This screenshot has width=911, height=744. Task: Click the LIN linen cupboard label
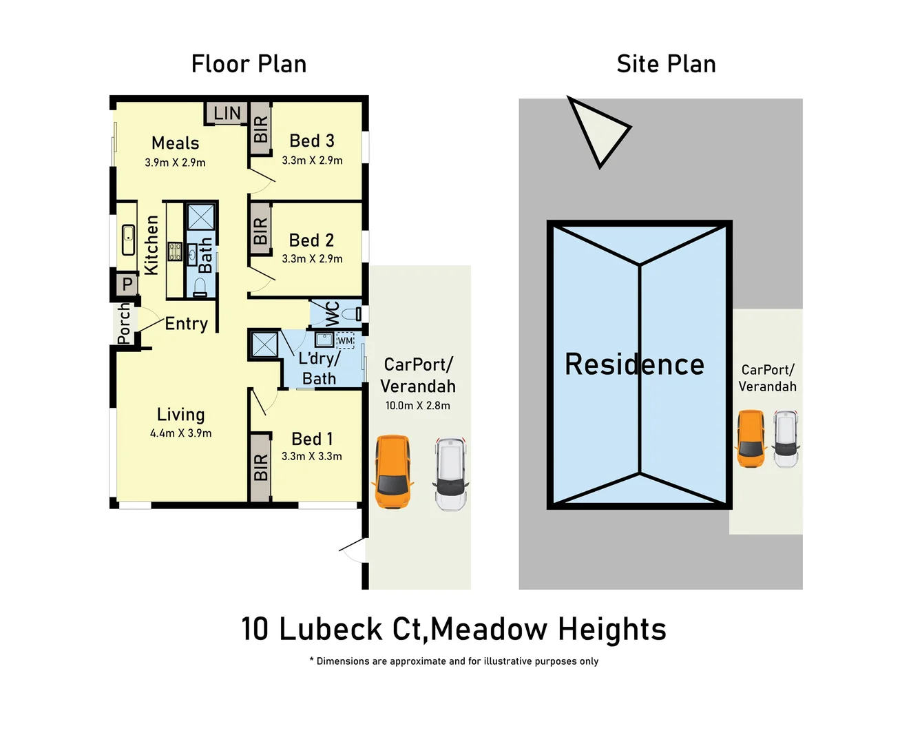click(x=227, y=113)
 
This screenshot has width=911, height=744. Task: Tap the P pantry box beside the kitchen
click(x=127, y=284)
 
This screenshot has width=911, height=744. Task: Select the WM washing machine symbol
click(x=345, y=340)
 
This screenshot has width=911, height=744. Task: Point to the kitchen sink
click(x=129, y=240)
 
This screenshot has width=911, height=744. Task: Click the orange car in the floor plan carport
click(x=393, y=472)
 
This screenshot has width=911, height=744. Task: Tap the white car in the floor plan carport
click(x=450, y=474)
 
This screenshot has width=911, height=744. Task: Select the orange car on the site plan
click(x=751, y=439)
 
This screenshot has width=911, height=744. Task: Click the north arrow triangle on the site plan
click(x=596, y=130)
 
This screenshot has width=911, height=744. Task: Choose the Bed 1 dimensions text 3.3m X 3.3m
click(x=311, y=456)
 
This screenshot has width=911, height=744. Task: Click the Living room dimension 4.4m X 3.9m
click(x=180, y=433)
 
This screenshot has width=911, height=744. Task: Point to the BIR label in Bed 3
click(x=260, y=130)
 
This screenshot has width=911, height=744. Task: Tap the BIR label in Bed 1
click(x=260, y=467)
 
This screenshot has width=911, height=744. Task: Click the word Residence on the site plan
click(x=634, y=364)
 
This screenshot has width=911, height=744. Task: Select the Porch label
click(x=124, y=324)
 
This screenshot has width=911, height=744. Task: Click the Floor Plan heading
click(x=249, y=64)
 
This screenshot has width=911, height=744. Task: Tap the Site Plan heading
click(x=666, y=64)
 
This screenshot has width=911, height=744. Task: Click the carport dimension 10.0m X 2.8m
click(x=417, y=406)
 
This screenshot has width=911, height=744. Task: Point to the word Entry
click(x=186, y=324)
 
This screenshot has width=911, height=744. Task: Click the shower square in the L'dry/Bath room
click(x=264, y=344)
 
